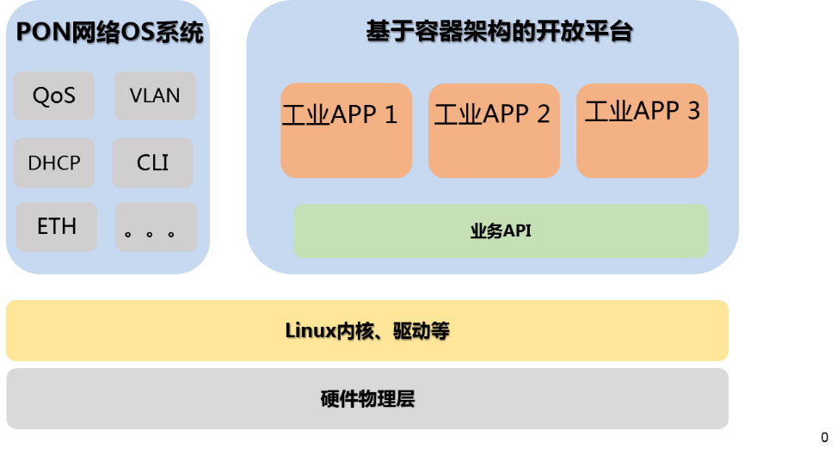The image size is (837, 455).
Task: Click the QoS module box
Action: tap(54, 95)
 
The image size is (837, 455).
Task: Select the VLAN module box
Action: tap(155, 95)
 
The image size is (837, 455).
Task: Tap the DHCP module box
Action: tap(54, 163)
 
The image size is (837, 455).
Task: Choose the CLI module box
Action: tap(153, 163)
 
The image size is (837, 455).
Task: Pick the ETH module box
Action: tap(57, 227)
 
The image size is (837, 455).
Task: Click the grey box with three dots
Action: tap(156, 227)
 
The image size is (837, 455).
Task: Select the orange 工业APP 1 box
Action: tap(346, 131)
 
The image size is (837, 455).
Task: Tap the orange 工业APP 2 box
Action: tap(494, 131)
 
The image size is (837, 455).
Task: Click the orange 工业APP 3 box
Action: tap(642, 131)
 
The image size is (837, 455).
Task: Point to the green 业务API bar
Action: tap(501, 231)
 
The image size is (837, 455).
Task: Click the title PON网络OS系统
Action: tap(110, 34)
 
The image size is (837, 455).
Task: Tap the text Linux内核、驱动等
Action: tap(367, 331)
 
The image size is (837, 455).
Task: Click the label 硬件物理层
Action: tap(367, 399)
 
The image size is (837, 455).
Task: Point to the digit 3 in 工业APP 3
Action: tap(692, 111)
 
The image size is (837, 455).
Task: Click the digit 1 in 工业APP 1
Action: tap(391, 114)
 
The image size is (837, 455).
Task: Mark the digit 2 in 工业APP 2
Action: tap(543, 114)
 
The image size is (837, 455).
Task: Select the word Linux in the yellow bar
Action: tap(305, 331)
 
